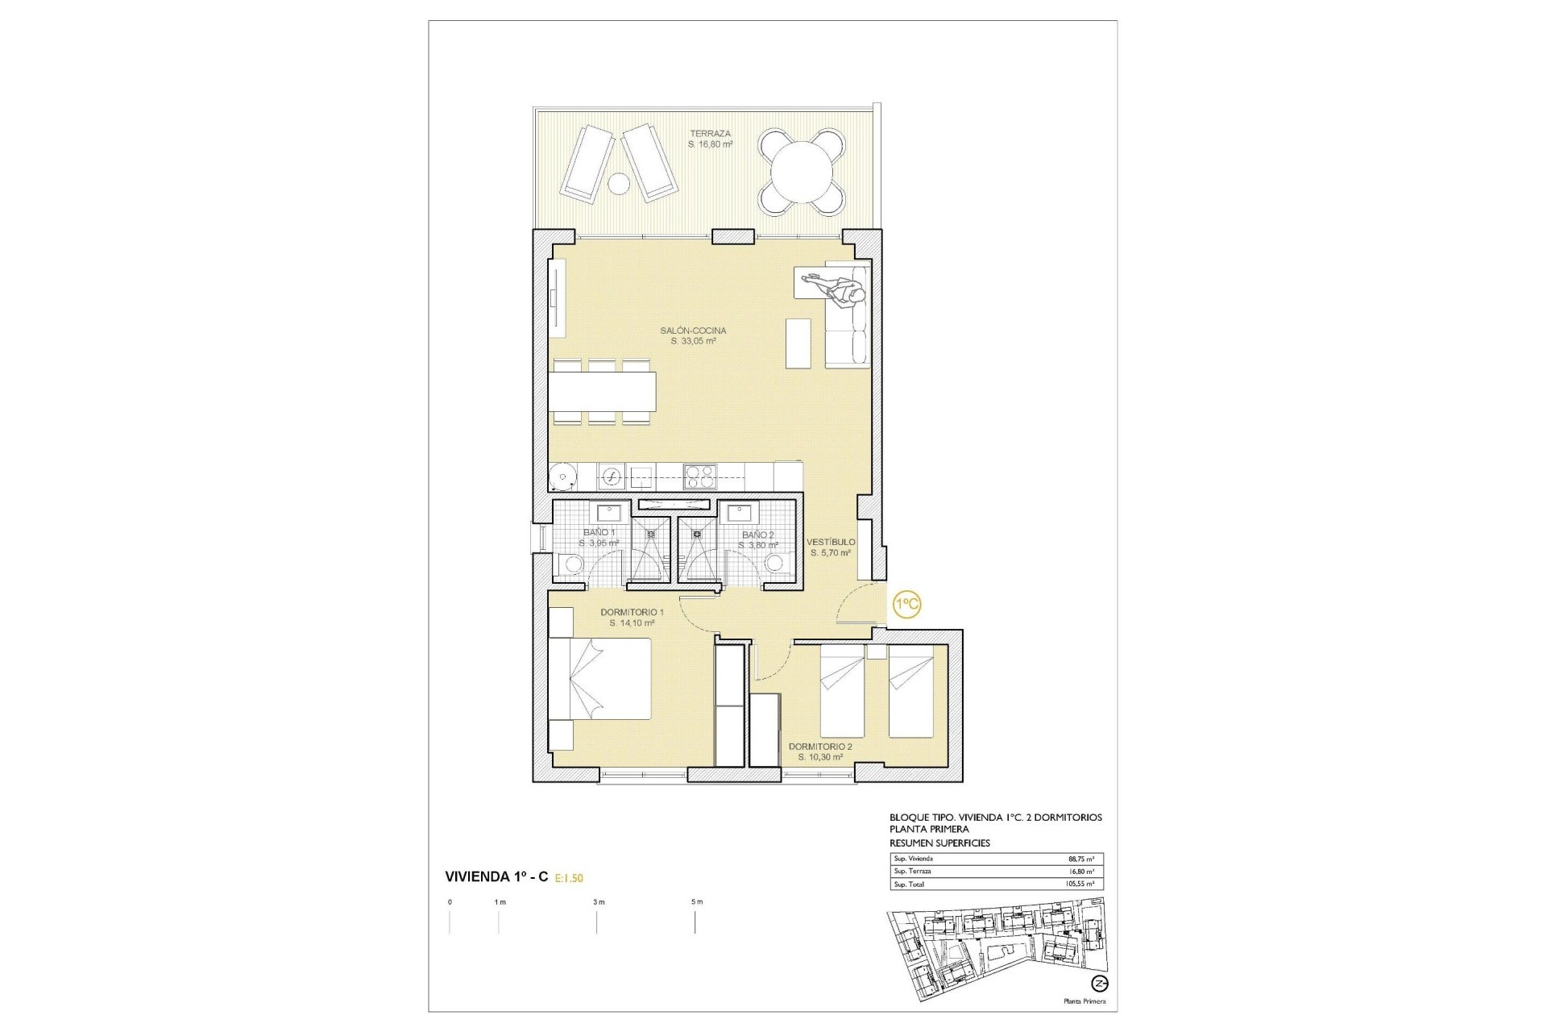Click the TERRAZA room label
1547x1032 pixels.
point(710,134)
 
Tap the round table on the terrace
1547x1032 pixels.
point(802,172)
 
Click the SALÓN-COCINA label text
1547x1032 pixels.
point(693,331)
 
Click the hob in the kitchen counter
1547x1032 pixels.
point(699,477)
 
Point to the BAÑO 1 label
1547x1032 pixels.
point(599,532)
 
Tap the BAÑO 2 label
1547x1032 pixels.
point(757,535)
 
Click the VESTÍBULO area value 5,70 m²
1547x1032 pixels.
point(830,553)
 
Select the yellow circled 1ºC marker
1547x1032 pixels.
point(906,604)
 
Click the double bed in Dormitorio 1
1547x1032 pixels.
point(600,677)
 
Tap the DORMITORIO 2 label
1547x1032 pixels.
point(820,747)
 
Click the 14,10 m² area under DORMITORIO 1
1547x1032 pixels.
point(632,623)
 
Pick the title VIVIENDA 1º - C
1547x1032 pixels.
point(496,876)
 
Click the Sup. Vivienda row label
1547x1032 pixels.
point(913,859)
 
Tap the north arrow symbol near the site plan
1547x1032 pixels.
point(1098,983)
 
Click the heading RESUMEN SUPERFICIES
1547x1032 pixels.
point(939,843)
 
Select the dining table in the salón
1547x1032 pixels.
point(602,391)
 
